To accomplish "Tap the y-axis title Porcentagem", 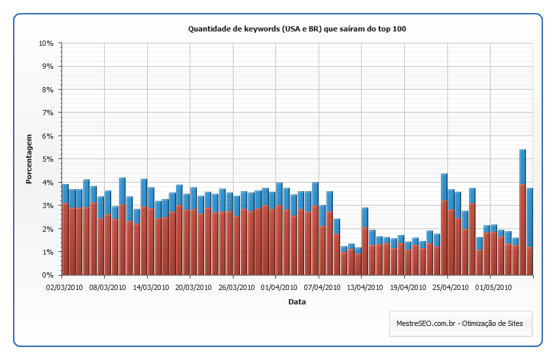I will pos(29,160).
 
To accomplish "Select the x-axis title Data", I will pos(297,302).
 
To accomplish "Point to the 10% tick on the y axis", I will pos(46,43).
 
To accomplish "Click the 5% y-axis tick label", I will pos(48,159).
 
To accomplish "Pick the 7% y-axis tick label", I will pos(48,113).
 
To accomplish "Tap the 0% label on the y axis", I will pos(48,275).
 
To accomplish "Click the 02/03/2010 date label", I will pos(63,286).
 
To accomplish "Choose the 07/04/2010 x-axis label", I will pos(319,286).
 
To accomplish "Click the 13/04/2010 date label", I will pos(362,286).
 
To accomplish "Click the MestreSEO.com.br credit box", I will pos(460,323).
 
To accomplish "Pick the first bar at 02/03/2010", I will pos(65,232).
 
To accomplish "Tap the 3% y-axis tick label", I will pos(48,206).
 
